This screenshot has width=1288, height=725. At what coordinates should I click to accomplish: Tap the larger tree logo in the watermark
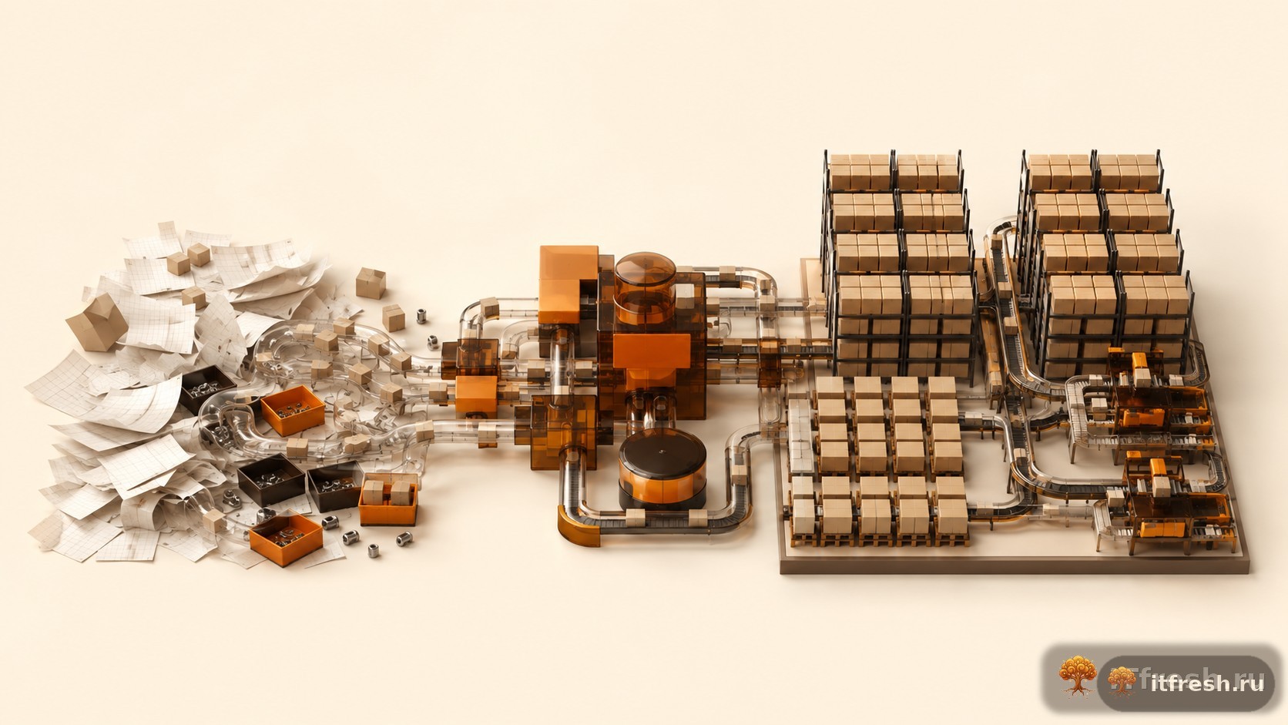1078,676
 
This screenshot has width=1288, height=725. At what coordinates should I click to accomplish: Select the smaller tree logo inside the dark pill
1122,681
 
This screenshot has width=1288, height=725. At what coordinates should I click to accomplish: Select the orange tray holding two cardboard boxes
388,499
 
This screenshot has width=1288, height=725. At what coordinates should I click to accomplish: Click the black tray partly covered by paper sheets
206,388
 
